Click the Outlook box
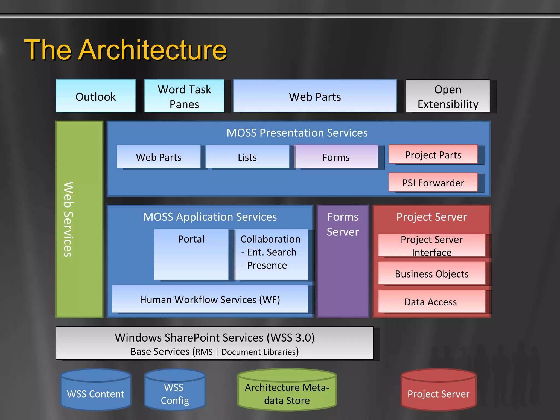[x=95, y=96]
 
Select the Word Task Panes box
[x=184, y=96]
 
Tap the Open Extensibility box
[x=448, y=96]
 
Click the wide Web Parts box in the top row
[x=315, y=96]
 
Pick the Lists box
[x=247, y=157]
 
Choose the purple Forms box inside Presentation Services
[x=336, y=157]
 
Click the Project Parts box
[x=433, y=154]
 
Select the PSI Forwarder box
[x=433, y=182]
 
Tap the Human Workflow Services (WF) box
[x=210, y=299]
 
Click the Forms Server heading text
[x=343, y=224]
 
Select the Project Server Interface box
[x=431, y=245]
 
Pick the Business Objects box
[x=431, y=273]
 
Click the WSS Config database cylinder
[x=175, y=391]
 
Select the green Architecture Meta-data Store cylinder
[x=287, y=391]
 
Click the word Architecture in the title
[x=153, y=50]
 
